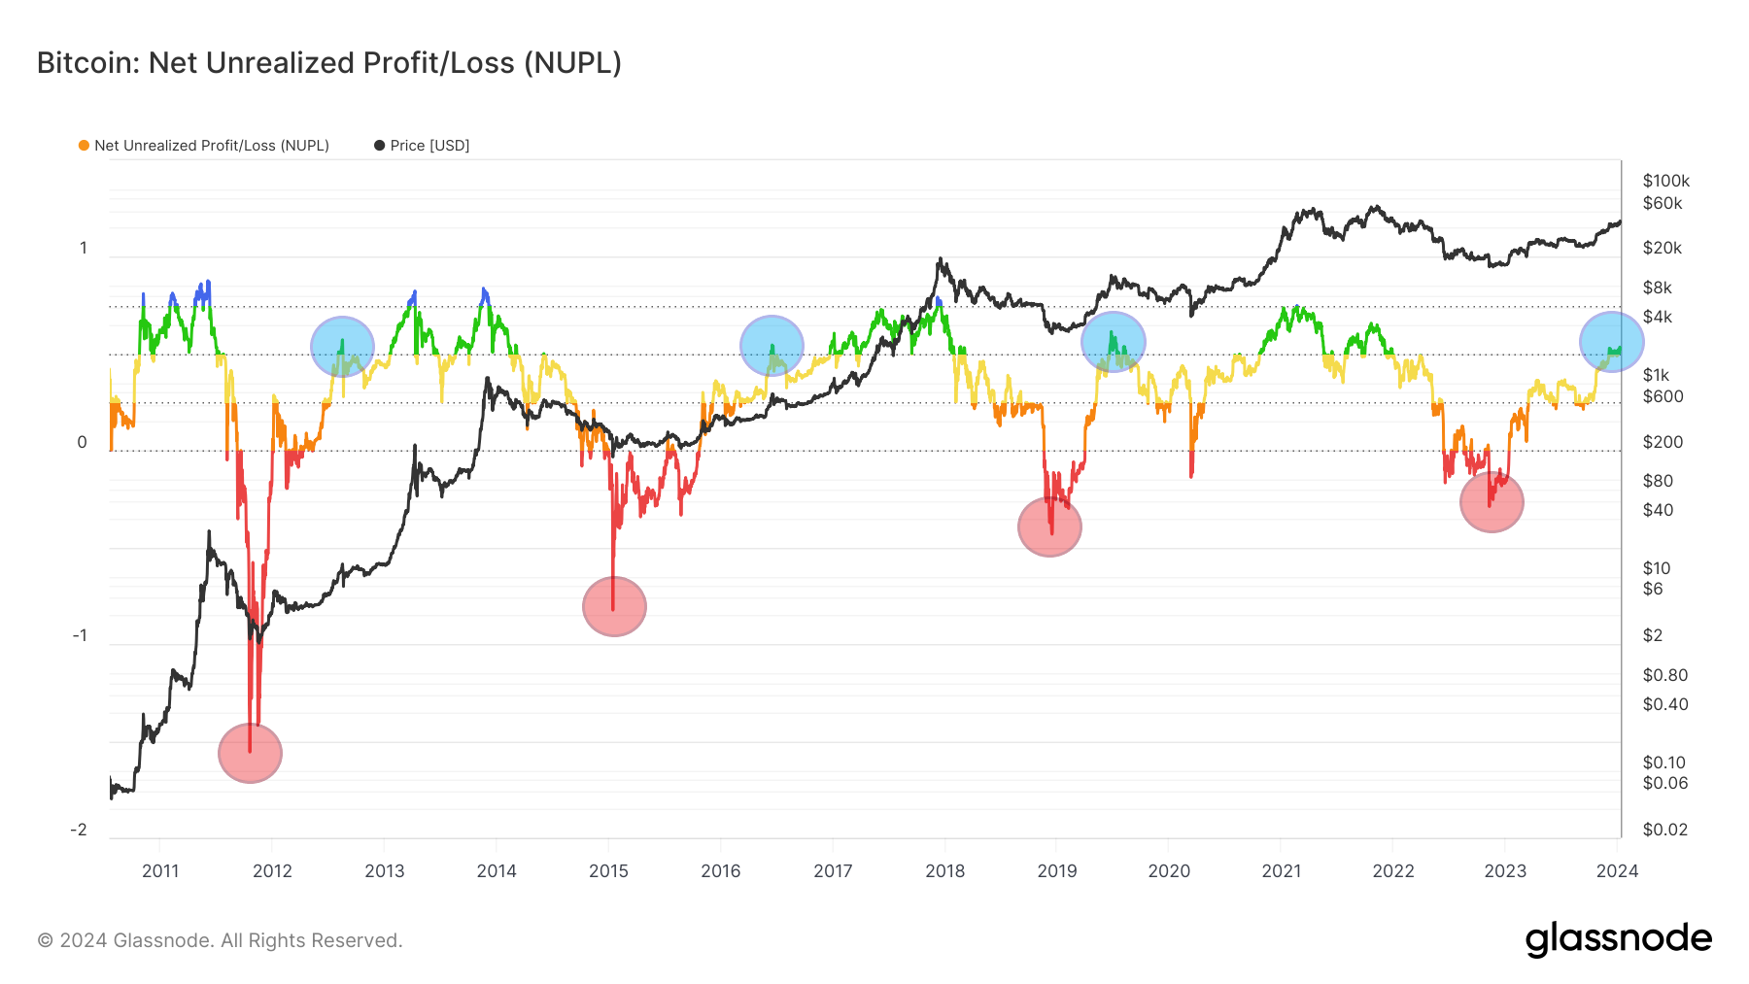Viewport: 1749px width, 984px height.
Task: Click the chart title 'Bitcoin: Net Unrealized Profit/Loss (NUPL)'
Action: [x=328, y=63]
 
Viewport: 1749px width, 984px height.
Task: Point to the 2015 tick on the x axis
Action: [x=608, y=870]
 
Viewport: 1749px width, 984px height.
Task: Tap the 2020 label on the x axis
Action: [x=1169, y=870]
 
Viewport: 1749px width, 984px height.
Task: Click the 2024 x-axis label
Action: [x=1617, y=870]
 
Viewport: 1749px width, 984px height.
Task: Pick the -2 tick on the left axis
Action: [x=79, y=830]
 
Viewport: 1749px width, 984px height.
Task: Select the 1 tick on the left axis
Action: [x=84, y=249]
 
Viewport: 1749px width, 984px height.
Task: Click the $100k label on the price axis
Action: [x=1665, y=181]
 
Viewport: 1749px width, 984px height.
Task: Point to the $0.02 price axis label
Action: [x=1664, y=830]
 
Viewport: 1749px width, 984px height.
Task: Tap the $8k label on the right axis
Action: [x=1657, y=288]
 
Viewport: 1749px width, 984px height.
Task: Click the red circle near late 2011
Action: [x=250, y=753]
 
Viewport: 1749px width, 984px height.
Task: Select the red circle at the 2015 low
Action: [x=614, y=606]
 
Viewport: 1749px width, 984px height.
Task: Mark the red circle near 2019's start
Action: [x=1049, y=526]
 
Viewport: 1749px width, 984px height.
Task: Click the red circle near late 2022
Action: [x=1492, y=502]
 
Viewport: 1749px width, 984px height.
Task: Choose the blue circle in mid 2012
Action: [x=342, y=346]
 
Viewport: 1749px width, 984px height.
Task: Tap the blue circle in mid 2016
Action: [x=772, y=346]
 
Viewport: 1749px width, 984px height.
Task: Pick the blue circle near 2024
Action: [x=1611, y=342]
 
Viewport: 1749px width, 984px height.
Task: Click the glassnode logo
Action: [x=1618, y=939]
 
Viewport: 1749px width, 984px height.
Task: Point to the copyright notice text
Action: [x=220, y=940]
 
